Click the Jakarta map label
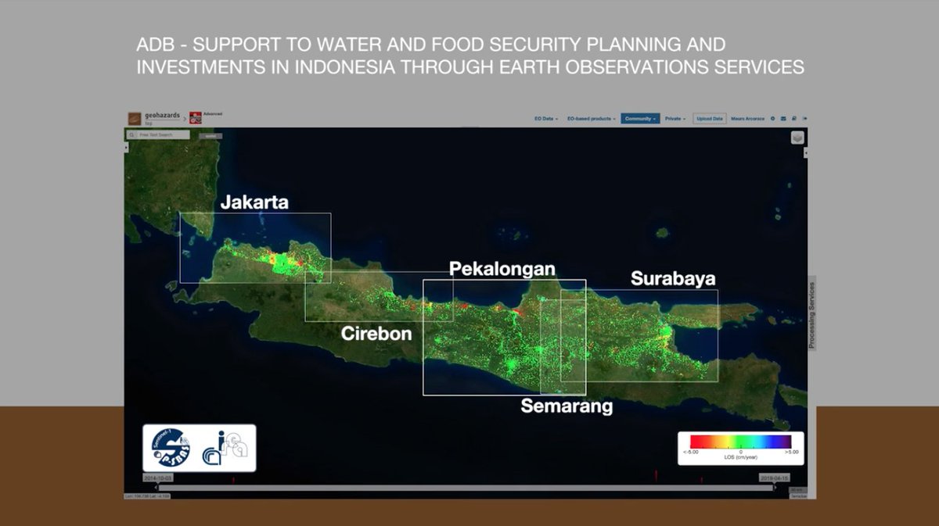click(254, 202)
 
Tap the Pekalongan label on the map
click(502, 269)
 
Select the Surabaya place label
click(673, 278)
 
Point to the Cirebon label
click(376, 334)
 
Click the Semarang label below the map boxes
click(567, 406)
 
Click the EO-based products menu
click(591, 119)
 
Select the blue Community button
click(640, 119)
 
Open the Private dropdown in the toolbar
click(675, 119)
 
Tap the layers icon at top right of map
click(797, 138)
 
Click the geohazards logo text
click(162, 116)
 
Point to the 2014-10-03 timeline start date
click(157, 477)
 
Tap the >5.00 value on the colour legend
click(792, 452)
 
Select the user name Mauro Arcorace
click(747, 119)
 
